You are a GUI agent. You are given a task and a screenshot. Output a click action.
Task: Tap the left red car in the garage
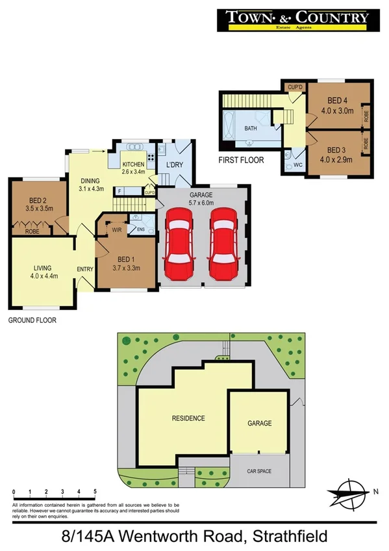[179, 243]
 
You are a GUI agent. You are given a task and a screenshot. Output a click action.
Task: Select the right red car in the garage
[221, 243]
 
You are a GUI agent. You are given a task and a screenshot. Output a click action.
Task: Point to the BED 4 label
[336, 101]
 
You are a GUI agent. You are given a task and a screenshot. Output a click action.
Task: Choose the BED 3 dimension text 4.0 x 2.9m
[336, 159]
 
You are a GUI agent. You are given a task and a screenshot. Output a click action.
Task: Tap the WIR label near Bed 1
[117, 229]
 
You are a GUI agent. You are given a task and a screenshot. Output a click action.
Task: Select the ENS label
[141, 229]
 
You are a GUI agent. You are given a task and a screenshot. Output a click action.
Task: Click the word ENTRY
[85, 270]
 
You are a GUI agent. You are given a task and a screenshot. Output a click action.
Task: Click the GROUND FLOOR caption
[32, 320]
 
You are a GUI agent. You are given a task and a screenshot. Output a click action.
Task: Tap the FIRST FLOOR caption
[242, 159]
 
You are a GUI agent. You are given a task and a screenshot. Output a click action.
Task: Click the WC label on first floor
[298, 164]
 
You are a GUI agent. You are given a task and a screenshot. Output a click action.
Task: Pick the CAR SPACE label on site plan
[259, 471]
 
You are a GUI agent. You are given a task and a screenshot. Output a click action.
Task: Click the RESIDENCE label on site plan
[188, 418]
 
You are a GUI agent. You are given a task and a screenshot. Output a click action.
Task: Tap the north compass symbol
[351, 493]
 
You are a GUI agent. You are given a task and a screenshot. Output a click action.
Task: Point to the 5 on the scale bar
[95, 491]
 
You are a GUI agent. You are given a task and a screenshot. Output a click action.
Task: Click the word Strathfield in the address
[283, 537]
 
